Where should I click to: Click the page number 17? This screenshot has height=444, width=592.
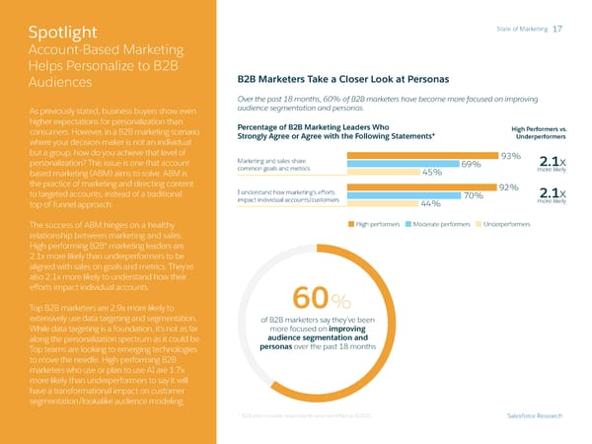(557, 29)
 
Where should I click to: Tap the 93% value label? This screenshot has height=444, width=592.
(510, 156)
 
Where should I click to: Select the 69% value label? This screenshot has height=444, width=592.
(471, 165)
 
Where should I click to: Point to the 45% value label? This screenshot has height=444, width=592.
(431, 173)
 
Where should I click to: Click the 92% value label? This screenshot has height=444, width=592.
(508, 187)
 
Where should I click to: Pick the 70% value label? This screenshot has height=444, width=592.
(473, 195)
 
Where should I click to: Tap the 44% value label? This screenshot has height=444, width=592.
(430, 204)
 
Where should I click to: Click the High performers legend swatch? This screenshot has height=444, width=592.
(349, 224)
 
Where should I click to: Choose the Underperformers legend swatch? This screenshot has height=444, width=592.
(479, 224)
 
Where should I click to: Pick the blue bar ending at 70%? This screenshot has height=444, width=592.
(404, 195)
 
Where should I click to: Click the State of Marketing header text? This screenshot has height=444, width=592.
(523, 30)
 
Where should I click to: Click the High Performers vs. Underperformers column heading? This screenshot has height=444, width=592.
(538, 132)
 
